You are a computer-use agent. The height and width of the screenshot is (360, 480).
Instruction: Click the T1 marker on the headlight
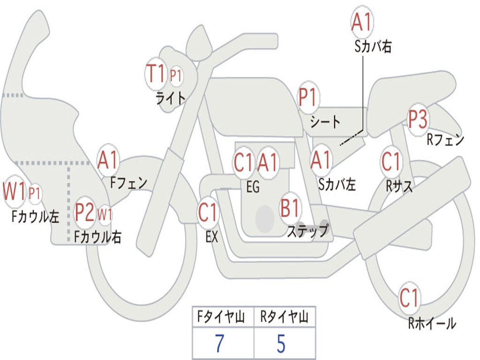click(x=156, y=74)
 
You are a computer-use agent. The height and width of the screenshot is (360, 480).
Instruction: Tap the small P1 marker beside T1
click(x=176, y=75)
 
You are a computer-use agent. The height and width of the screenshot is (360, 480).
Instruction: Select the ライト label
click(x=171, y=98)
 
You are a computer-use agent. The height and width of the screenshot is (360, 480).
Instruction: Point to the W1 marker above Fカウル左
click(x=14, y=191)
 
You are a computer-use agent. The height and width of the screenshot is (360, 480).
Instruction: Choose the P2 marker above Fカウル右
click(x=85, y=212)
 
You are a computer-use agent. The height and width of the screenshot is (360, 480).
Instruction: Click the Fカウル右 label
click(x=98, y=237)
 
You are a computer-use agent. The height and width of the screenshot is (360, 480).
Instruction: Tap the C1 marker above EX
click(x=208, y=212)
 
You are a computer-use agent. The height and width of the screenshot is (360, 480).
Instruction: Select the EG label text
click(x=253, y=187)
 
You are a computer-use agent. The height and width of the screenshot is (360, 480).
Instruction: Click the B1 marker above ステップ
click(x=290, y=208)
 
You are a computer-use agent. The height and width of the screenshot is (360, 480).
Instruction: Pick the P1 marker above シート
click(x=308, y=97)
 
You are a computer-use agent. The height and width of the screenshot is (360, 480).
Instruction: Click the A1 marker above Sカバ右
click(x=362, y=22)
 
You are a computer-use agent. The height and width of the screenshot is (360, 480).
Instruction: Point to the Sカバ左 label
click(x=337, y=185)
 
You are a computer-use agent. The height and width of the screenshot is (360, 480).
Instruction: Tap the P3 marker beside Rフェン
click(x=418, y=120)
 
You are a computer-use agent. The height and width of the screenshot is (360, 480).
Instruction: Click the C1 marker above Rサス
click(x=391, y=161)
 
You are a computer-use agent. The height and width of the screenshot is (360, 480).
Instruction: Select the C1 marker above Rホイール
click(x=409, y=298)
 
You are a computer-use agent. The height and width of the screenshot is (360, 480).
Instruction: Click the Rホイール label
click(x=432, y=323)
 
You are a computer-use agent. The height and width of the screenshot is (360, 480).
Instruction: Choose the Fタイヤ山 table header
click(x=221, y=316)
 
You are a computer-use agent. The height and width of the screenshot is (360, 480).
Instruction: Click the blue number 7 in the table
click(x=219, y=344)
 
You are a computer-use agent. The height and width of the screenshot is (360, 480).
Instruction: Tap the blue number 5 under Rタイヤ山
click(x=281, y=344)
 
